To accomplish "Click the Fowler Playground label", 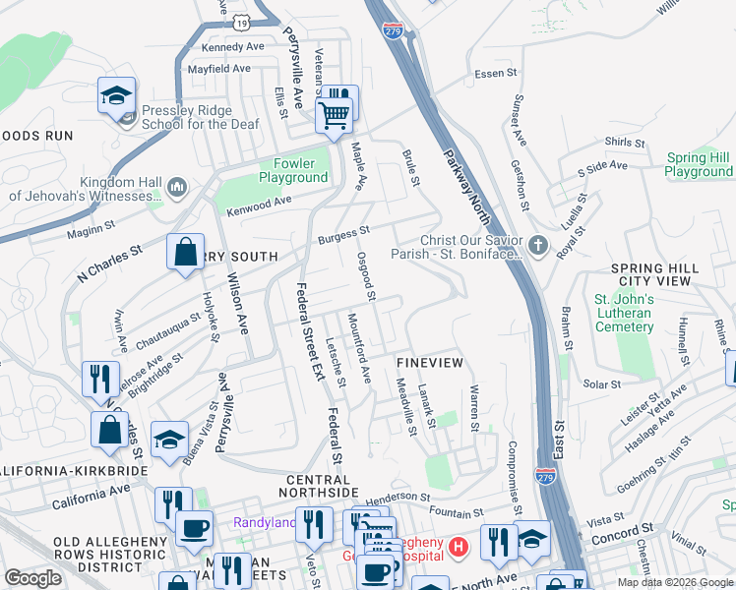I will [x=293, y=170].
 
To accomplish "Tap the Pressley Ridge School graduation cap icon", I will [x=117, y=96].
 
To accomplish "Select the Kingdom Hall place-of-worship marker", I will [x=178, y=187].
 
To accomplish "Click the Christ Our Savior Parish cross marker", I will [x=537, y=246].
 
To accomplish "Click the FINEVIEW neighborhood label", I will [x=429, y=363].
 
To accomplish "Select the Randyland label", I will [x=264, y=522].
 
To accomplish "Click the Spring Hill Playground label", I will [x=699, y=164].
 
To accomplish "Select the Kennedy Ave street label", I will [x=233, y=46].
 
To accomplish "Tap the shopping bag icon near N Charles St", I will [x=185, y=253].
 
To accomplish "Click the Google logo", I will [x=32, y=578].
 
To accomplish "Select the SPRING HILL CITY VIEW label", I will [x=654, y=274].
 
